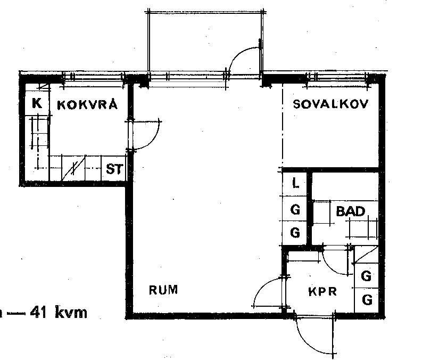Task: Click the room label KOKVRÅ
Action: tap(87, 104)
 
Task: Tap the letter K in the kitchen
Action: tap(37, 103)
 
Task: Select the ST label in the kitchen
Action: tap(114, 169)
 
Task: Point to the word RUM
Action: tap(163, 290)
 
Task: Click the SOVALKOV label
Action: tap(330, 104)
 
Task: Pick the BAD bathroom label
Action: tap(350, 211)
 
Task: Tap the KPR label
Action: tap(322, 292)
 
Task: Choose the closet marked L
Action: tap(295, 183)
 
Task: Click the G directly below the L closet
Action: tap(295, 210)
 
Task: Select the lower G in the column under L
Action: tap(295, 233)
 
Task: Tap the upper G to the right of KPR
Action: tap(366, 276)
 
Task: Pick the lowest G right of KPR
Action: tap(367, 300)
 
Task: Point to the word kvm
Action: tap(71, 313)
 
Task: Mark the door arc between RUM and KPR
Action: tap(261, 286)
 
